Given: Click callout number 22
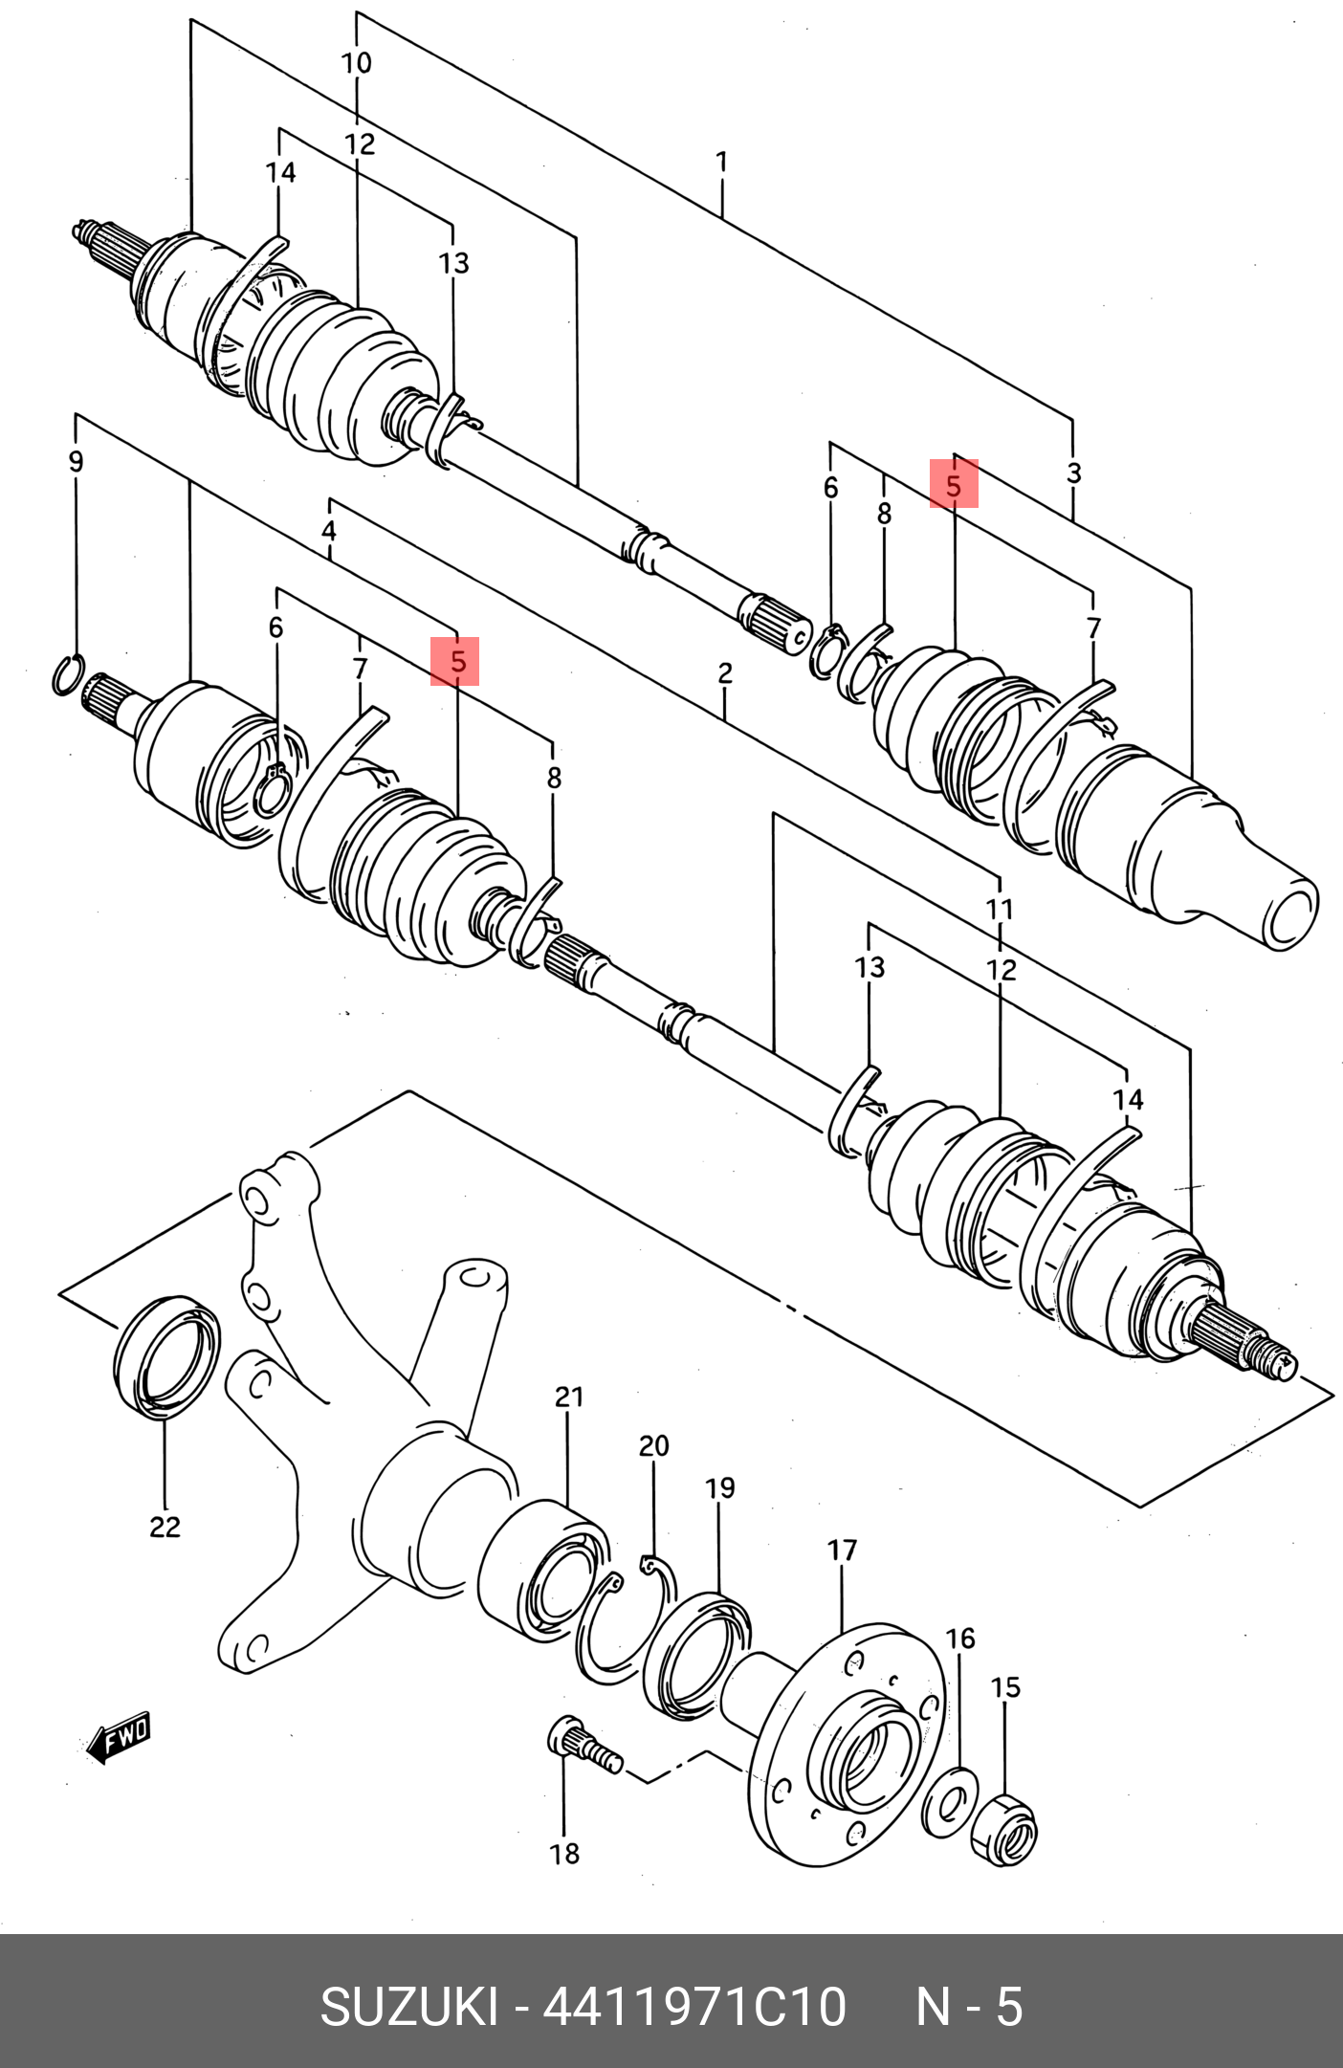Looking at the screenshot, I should [x=165, y=1527].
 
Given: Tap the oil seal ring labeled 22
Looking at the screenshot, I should [x=166, y=1356].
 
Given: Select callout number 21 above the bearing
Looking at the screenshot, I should [x=569, y=1397].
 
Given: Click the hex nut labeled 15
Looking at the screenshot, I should [x=1003, y=1830].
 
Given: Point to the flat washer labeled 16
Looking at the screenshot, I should [x=949, y=1802].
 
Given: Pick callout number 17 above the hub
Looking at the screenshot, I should [x=842, y=1550].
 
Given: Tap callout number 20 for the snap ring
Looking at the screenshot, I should [x=654, y=1446].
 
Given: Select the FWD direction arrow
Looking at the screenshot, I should [x=119, y=1736].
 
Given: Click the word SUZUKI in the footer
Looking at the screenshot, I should [x=408, y=2007].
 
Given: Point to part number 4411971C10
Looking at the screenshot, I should [x=695, y=2007].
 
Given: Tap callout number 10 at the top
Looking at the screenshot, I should [x=357, y=63].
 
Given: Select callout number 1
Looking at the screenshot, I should [x=722, y=162].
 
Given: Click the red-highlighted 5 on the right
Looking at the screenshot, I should [x=954, y=485].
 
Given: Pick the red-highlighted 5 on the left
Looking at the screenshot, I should [x=455, y=662].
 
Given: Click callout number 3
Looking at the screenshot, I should [x=1073, y=473].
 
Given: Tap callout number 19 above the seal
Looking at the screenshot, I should [x=720, y=1488].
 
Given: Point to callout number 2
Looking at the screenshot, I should [x=725, y=673].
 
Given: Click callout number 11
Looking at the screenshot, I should [x=1000, y=909].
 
